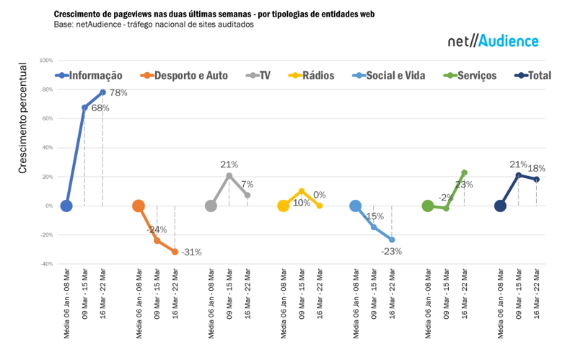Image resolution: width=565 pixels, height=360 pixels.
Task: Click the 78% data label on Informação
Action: pyautogui.click(x=118, y=92)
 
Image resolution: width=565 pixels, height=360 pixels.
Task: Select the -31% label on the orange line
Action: pyautogui.click(x=191, y=253)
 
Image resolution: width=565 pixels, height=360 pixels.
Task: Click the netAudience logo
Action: pyautogui.click(x=493, y=41)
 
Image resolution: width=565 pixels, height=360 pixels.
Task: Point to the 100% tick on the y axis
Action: pyautogui.click(x=47, y=61)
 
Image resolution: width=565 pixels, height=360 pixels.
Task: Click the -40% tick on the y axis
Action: pyautogui.click(x=47, y=264)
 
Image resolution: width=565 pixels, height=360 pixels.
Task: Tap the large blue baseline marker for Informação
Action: pyautogui.click(x=66, y=206)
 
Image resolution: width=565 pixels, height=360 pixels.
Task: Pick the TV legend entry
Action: pyautogui.click(x=259, y=75)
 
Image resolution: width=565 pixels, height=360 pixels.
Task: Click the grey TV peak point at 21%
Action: pyautogui.click(x=229, y=175)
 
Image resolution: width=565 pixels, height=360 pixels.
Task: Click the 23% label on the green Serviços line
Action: pyautogui.click(x=464, y=185)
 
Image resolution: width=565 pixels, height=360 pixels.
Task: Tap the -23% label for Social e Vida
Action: pyautogui.click(x=391, y=252)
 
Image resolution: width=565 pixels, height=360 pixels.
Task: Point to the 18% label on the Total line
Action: pyautogui.click(x=536, y=168)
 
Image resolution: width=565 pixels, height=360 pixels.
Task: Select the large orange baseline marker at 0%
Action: pyautogui.click(x=139, y=206)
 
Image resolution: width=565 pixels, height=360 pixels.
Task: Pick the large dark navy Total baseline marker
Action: pyautogui.click(x=500, y=206)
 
